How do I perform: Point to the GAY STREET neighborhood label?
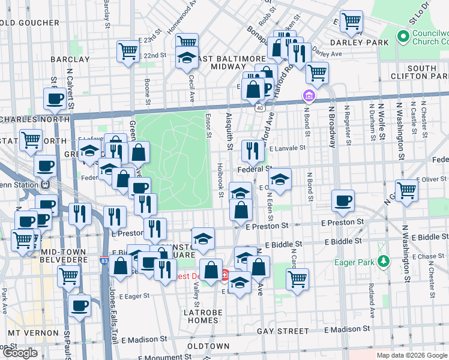(282, 331)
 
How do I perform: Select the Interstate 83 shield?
(105, 261)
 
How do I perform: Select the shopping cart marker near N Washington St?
(407, 190)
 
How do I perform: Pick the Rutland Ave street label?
(372, 301)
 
